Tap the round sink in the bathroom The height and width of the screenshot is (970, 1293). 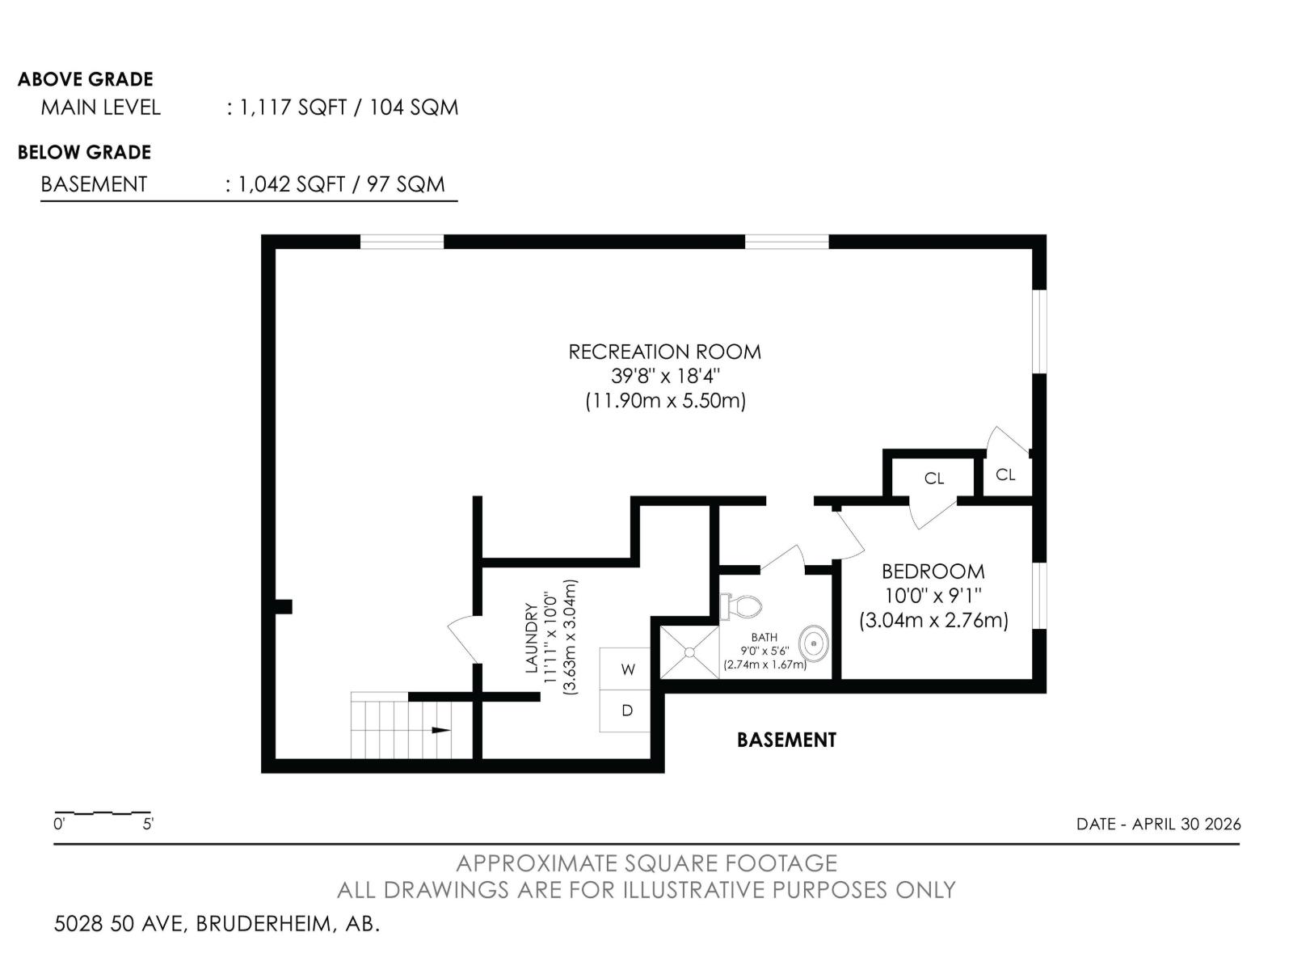[814, 643]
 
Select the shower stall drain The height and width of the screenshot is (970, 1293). [689, 652]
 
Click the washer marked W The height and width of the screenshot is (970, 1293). [625, 669]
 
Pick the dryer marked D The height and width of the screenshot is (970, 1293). [625, 711]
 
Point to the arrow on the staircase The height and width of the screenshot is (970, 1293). [441, 730]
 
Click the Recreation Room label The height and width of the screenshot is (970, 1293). [664, 352]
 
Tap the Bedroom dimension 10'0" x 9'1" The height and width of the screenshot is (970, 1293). [933, 596]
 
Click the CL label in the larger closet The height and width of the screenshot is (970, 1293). [933, 479]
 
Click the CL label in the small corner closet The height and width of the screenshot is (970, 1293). [1005, 474]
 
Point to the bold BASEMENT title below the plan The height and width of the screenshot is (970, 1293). [786, 740]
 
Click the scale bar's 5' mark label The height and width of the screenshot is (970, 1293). [148, 824]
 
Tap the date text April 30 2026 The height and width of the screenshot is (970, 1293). [1186, 824]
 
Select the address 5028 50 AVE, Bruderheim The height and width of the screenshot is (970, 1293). [217, 924]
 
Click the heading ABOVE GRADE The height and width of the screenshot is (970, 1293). [86, 79]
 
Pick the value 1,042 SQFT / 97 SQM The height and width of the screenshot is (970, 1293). [341, 184]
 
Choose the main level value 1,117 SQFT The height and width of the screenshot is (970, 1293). [293, 108]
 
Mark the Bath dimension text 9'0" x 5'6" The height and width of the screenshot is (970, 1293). [764, 651]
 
